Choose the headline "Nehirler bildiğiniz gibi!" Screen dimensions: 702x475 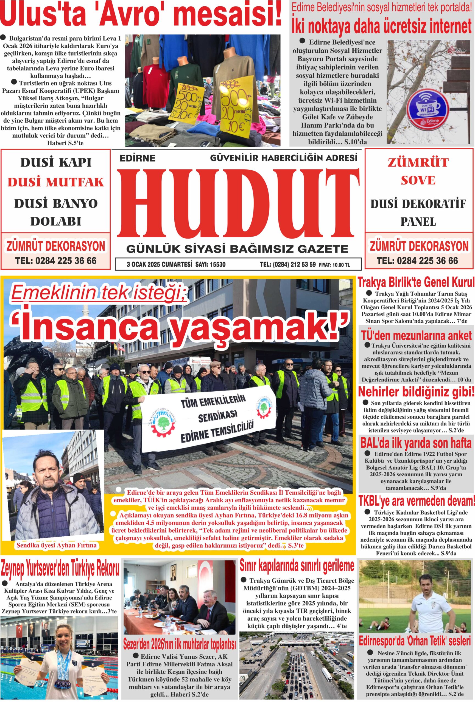[x=416, y=392]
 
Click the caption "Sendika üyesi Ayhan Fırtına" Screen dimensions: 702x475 [x=57, y=545]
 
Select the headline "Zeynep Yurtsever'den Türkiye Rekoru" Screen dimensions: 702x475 [x=60, y=569]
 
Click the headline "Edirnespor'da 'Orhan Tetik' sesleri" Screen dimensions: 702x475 [x=415, y=639]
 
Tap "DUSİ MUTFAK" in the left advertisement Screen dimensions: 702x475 [x=56, y=182]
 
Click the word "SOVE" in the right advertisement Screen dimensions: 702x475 [x=418, y=180]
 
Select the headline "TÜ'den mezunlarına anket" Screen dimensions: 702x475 [x=416, y=336]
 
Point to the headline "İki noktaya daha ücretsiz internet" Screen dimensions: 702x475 [x=381, y=26]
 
